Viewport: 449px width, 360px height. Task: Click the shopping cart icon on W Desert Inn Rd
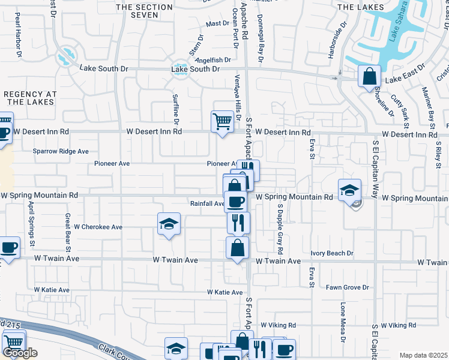point(222,122)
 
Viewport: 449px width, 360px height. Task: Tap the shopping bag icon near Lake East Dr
point(369,76)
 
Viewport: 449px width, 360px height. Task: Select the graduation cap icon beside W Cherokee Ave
point(169,224)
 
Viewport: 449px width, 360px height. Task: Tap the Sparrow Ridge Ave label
point(61,151)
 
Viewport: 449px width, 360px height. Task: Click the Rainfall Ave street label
point(207,203)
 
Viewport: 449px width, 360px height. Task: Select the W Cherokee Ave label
point(98,227)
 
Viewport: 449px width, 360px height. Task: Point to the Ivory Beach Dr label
point(332,254)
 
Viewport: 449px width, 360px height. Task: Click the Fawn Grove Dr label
point(347,287)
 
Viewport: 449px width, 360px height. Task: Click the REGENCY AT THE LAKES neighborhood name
point(29,98)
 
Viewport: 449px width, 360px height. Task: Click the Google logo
point(20,353)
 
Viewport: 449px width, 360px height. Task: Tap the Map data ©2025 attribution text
point(423,355)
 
